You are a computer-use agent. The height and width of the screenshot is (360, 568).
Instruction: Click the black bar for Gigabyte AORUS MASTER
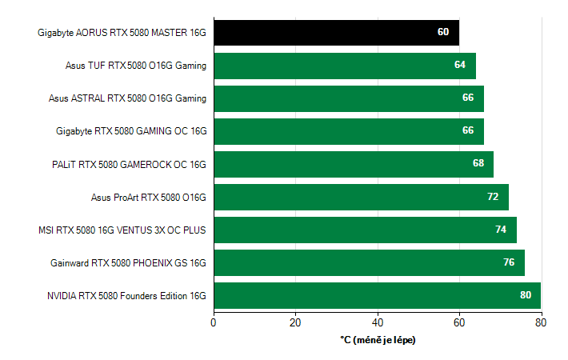pos(336,33)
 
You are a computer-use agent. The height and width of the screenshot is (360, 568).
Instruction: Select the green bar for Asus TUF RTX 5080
pos(344,66)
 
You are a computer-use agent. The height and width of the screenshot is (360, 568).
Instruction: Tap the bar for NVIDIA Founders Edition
pos(377,295)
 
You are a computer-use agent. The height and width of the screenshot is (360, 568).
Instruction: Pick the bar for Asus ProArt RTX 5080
pos(361,197)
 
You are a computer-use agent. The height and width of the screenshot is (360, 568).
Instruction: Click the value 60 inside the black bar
pos(443,33)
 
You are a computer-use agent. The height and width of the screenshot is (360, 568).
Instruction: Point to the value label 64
pos(460,66)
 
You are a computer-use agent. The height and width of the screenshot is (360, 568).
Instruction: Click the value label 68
pos(478,164)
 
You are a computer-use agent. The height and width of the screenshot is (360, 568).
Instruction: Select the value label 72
pos(493,197)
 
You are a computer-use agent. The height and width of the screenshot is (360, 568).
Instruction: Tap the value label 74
pos(501,230)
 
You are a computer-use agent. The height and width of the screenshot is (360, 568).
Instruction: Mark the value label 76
pos(509,262)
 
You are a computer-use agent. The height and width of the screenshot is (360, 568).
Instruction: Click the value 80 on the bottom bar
pos(526,295)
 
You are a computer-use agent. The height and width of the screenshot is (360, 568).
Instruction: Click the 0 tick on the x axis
pos(214,322)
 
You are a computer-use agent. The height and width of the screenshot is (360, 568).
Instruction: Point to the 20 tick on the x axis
pos(295,322)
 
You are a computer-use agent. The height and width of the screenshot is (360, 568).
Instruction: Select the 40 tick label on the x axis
pos(378,322)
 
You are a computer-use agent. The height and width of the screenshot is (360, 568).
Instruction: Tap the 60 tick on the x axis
pos(459,322)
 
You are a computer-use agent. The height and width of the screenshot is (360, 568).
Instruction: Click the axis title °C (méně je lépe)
pos(378,340)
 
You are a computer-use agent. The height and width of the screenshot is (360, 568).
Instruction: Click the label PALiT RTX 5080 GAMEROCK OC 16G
pos(129,164)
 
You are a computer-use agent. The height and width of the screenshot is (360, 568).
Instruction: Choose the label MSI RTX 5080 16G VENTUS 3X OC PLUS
pos(122,230)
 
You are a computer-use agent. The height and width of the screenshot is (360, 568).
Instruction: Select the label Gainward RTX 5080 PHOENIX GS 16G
pos(128,262)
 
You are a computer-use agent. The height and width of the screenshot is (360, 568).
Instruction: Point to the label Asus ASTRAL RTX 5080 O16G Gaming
pos(127,98)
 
